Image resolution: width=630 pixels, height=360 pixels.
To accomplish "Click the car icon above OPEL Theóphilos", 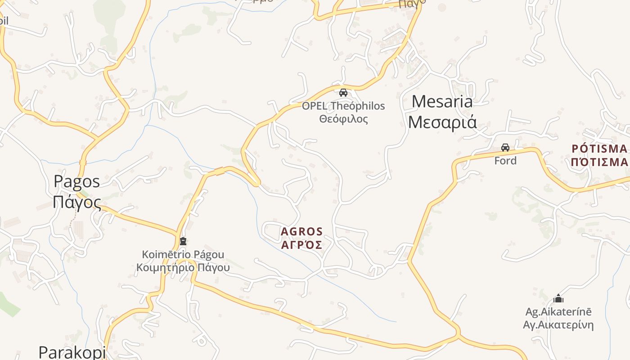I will coord(343,93).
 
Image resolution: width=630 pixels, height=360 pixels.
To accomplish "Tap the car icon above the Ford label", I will coord(505,148).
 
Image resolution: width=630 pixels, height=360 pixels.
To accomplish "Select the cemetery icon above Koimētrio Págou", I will coord(183,242).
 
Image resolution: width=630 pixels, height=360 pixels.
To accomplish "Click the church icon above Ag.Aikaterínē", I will coord(558,298).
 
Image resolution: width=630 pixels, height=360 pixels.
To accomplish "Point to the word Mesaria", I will coord(442,102).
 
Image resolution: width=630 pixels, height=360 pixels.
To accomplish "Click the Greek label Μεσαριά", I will coord(442,122).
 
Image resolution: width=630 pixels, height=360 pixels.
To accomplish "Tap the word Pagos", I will coord(76,181).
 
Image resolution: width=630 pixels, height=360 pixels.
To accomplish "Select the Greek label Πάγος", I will coord(76,202).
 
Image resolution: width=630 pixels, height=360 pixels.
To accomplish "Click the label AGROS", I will coord(301,232).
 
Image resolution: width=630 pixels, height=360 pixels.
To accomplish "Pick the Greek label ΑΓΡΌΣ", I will coord(301,245).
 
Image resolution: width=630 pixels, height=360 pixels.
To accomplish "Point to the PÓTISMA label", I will coord(599,148).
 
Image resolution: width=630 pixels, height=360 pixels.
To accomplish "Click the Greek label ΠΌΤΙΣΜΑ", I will coord(599,162).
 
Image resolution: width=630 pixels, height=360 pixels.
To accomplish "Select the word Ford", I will coord(505,161).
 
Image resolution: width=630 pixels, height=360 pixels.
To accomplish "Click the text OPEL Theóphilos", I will coord(343,106).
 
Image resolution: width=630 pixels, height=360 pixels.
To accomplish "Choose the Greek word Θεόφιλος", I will coord(343,119).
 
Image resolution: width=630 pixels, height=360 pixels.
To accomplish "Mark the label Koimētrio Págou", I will coord(183,255).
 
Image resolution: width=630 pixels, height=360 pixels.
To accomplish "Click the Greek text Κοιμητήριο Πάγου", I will coord(183,268).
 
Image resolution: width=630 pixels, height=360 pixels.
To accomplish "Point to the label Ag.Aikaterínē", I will coord(558,312).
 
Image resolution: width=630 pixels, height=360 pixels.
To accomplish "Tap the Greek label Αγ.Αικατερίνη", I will coord(558,325).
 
